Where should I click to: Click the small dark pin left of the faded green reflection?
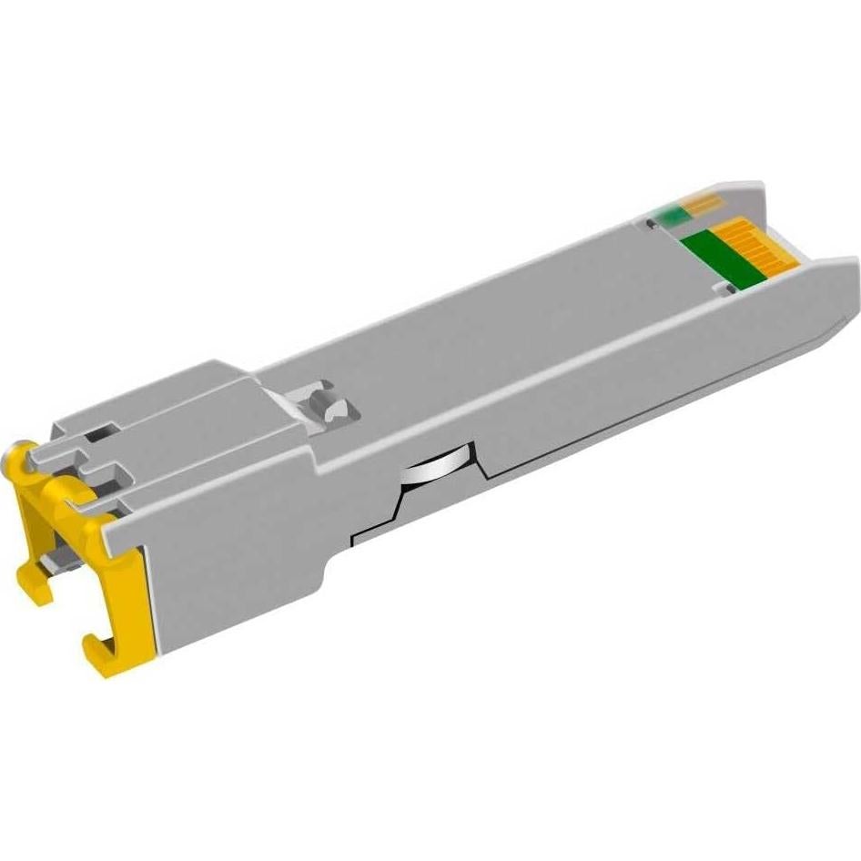pyautogui.click(x=650, y=223)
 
